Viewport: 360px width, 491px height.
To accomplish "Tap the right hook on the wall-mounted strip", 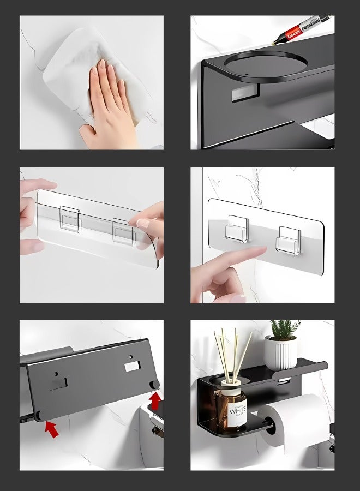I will click(288, 239).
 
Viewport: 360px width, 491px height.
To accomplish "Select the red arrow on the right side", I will click(155, 401).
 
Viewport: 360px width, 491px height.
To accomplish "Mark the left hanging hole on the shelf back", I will click(58, 382).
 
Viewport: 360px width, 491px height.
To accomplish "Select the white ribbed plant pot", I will click(281, 352).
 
